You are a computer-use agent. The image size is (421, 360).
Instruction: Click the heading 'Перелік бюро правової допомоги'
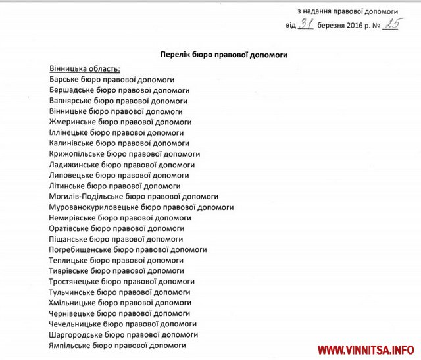[224, 55]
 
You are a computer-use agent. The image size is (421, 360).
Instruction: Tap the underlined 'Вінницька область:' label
[84, 69]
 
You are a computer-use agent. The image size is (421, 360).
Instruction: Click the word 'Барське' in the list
[64, 80]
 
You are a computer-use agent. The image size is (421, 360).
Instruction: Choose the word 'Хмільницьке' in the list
[72, 303]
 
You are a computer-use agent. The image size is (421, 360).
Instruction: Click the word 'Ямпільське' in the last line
[70, 345]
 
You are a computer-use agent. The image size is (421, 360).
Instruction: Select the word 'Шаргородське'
[74, 334]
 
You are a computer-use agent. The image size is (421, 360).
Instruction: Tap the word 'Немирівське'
[72, 217]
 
